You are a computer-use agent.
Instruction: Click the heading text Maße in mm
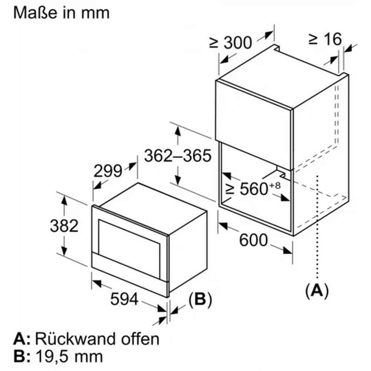pos(62,12)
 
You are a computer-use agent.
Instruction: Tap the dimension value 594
pos(124,299)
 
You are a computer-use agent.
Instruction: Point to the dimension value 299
pos(108,171)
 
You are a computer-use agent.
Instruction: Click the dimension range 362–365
pos(178,155)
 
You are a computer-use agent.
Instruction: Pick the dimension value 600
pos(253,240)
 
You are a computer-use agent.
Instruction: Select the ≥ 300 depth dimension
pos(230,43)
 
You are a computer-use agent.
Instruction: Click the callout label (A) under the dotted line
pos(316,290)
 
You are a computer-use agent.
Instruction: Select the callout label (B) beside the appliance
pos(200,300)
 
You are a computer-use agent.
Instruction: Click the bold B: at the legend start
pos(21,357)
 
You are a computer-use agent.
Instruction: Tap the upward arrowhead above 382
pos(64,200)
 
